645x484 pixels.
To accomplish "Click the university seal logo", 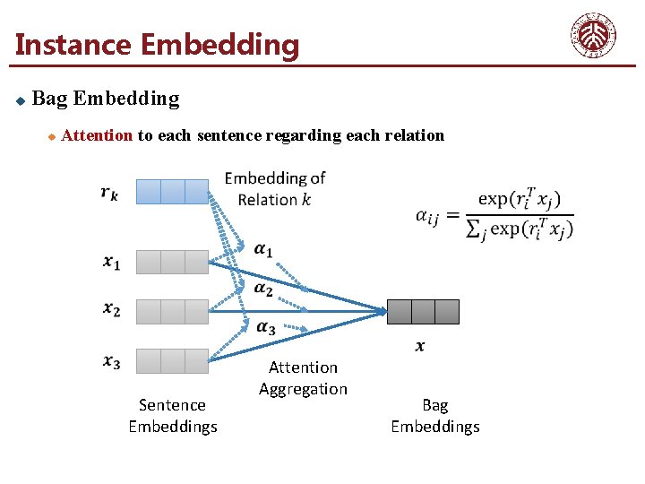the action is click(594, 36).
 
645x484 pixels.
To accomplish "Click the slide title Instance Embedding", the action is click(158, 44).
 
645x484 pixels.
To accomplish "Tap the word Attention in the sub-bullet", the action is click(98, 135).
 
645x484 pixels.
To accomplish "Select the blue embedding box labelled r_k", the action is click(173, 192).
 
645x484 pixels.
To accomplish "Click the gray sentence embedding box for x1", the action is click(173, 262).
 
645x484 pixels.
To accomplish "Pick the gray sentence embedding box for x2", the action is click(173, 311).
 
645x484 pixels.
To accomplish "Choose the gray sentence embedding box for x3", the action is click(173, 360).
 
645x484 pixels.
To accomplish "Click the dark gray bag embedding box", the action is click(423, 311).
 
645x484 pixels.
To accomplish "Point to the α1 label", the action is click(263, 249).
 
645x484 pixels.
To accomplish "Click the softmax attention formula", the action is click(495, 214).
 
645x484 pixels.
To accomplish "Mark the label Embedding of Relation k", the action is click(275, 188).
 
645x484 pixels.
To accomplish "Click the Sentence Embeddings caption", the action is click(173, 416).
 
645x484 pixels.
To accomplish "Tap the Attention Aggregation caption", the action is click(303, 377).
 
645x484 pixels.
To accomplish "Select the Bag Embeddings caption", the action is click(435, 416).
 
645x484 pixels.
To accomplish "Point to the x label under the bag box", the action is click(420, 346).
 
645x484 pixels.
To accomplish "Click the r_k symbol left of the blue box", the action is click(109, 192).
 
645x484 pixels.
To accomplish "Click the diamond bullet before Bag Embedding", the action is click(20, 99).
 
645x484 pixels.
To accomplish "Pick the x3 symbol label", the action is click(111, 361).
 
